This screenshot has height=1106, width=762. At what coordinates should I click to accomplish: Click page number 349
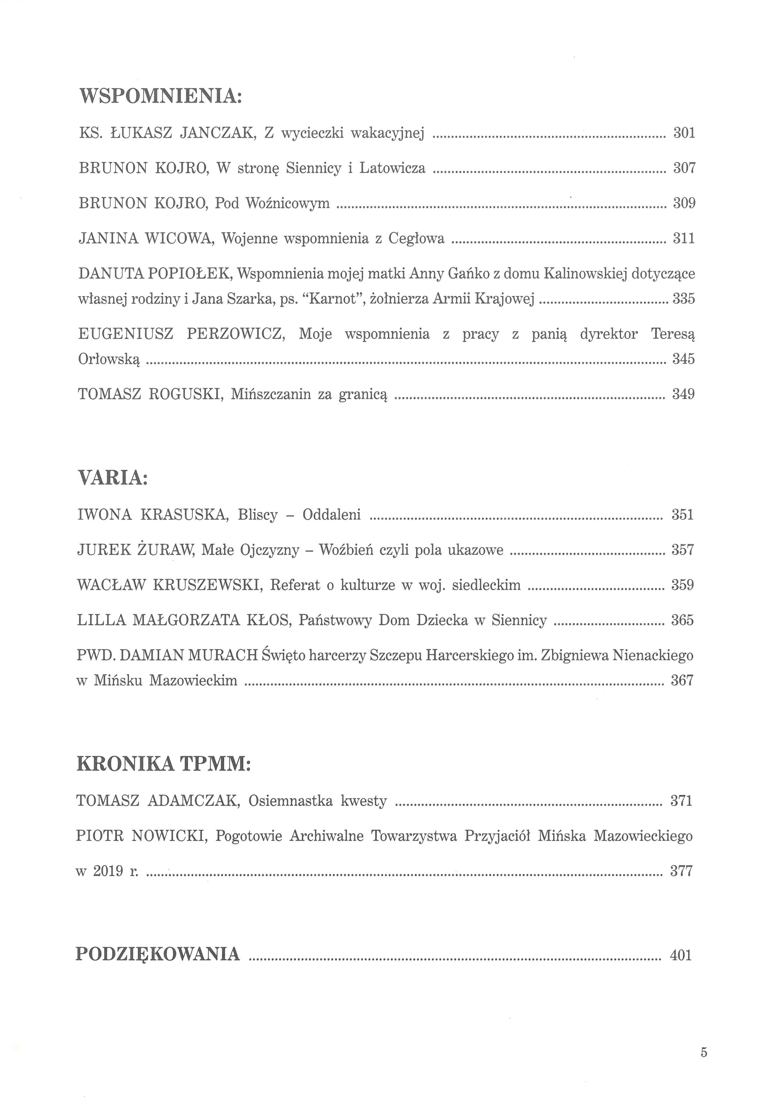683,394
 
